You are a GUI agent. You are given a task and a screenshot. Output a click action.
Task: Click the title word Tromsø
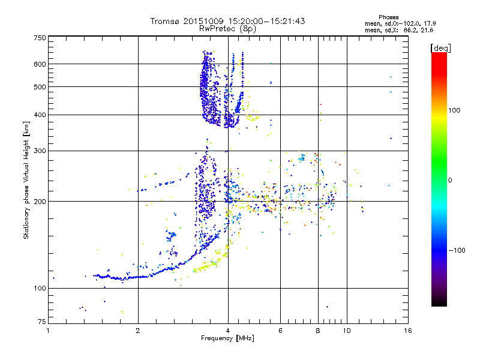coord(165,21)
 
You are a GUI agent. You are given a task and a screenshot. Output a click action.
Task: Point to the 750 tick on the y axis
coord(40,38)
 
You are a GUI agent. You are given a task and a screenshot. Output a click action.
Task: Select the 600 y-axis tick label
coord(40,64)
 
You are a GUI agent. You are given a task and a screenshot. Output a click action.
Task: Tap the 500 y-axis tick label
coord(40,87)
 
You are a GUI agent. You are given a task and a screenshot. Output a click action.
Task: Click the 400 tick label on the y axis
coord(40,115)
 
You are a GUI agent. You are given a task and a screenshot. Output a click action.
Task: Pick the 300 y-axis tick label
coord(40,151)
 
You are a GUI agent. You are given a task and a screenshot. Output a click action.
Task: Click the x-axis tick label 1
coord(49,331)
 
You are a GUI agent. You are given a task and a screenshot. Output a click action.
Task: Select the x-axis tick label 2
coord(138,331)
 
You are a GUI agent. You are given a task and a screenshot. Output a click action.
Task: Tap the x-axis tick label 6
coord(280,331)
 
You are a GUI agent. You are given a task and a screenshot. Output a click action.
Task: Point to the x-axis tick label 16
coord(407,331)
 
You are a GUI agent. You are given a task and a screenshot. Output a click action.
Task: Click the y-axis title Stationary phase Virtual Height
coord(26,180)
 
